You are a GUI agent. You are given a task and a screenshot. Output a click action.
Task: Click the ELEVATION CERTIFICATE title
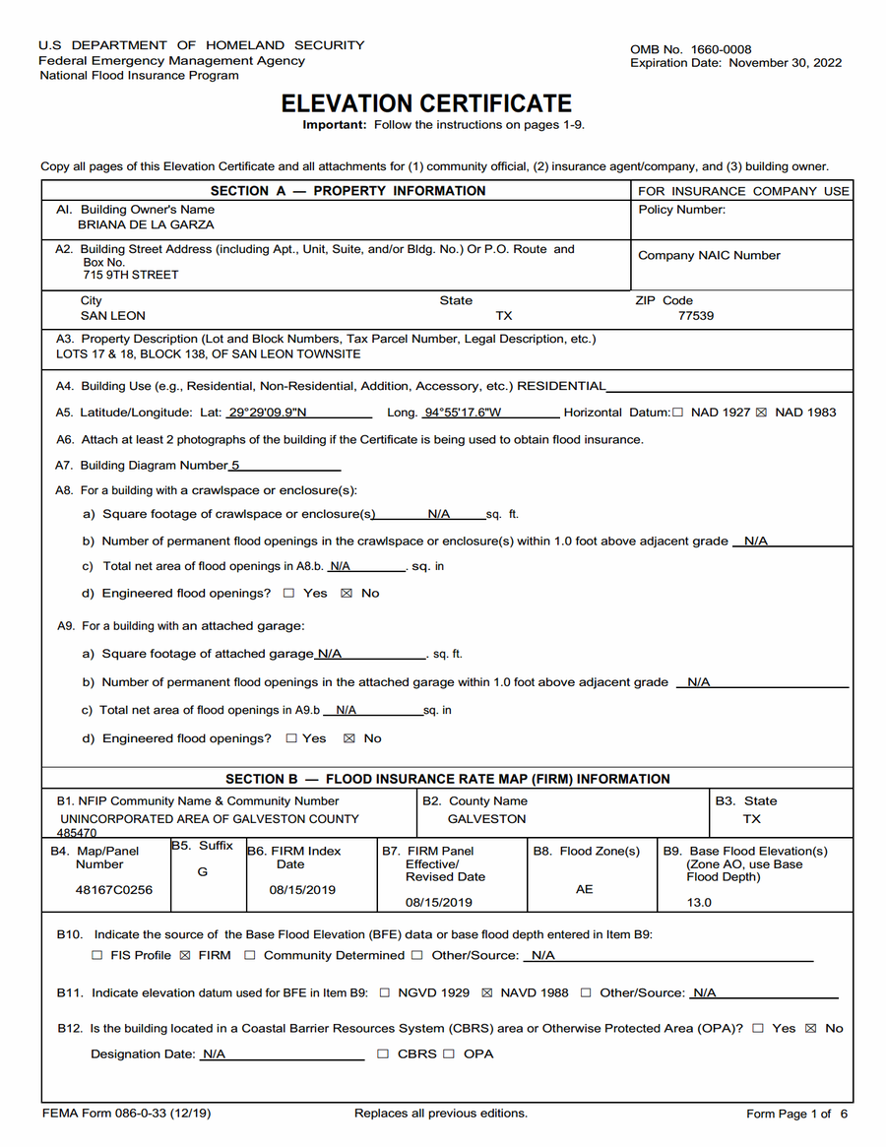pyautogui.click(x=426, y=103)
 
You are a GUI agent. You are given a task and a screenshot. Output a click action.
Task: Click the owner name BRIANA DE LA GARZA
pyautogui.click(x=147, y=224)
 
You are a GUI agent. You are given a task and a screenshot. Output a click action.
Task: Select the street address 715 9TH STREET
pyautogui.click(x=131, y=275)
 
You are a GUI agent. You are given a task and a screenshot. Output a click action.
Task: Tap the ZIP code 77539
pyautogui.click(x=696, y=316)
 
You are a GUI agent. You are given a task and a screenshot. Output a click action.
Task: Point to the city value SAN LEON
pyautogui.click(x=112, y=316)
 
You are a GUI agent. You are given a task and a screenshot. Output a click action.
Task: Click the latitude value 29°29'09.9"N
pyautogui.click(x=267, y=413)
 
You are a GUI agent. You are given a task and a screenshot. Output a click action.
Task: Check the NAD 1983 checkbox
pyautogui.click(x=760, y=413)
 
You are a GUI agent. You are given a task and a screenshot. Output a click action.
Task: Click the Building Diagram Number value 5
pyautogui.click(x=235, y=466)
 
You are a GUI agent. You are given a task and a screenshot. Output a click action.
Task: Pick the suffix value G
pyautogui.click(x=203, y=872)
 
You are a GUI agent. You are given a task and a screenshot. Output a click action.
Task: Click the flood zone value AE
pyautogui.click(x=585, y=889)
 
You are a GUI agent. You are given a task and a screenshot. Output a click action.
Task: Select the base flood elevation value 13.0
pyautogui.click(x=699, y=902)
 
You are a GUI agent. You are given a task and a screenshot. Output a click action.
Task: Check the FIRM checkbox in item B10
pyautogui.click(x=185, y=955)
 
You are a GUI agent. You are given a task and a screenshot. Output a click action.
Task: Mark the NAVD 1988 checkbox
pyautogui.click(x=486, y=993)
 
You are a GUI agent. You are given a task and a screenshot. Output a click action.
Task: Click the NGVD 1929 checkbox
pyautogui.click(x=384, y=993)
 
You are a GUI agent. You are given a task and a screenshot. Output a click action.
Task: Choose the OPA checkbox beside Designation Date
pyautogui.click(x=449, y=1054)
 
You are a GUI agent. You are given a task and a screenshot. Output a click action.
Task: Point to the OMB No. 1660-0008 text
pyautogui.click(x=691, y=49)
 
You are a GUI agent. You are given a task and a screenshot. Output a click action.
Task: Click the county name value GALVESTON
pyautogui.click(x=486, y=819)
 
